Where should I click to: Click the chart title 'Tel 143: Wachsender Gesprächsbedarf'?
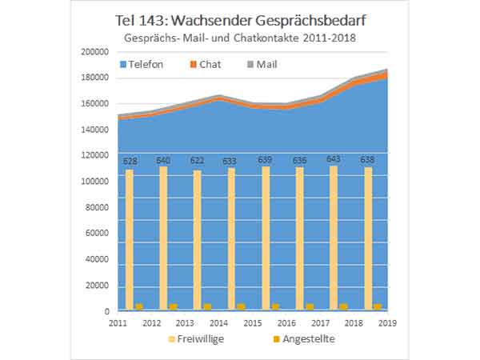(x=240, y=20)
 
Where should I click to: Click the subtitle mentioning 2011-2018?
(x=239, y=38)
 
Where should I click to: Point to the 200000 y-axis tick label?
(x=95, y=52)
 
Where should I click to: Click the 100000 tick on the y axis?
(x=95, y=182)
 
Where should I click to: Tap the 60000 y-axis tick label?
(x=98, y=234)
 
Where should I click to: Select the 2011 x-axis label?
(x=118, y=322)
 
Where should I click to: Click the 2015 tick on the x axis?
(x=253, y=322)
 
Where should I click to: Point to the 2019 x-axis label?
(x=388, y=322)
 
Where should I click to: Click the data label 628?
(x=130, y=162)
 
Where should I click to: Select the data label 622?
(x=198, y=162)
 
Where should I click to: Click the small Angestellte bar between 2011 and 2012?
(x=138, y=306)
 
